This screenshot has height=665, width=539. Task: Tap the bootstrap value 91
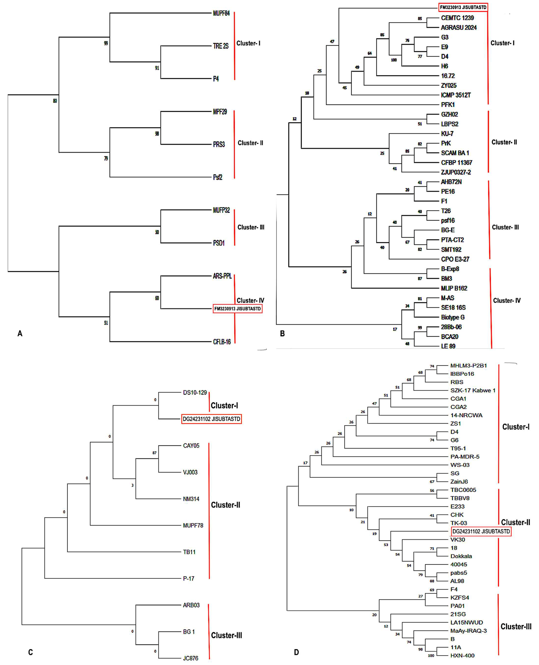[157, 68]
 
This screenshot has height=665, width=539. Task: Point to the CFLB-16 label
[222, 342]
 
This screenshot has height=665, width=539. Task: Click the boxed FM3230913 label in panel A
[238, 309]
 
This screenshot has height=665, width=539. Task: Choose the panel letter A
[20, 333]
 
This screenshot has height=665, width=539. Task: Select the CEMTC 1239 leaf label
[457, 18]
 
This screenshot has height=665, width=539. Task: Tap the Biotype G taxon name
[453, 317]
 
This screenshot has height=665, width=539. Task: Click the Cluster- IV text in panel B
[507, 301]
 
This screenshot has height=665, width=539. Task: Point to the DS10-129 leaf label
[195, 393]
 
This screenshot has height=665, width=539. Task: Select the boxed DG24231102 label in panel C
[211, 419]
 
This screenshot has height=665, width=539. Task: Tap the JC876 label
[190, 658]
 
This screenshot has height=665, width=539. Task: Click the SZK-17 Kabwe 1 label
[473, 390]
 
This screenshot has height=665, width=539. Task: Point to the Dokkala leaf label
[461, 556]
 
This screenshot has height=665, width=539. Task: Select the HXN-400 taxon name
[462, 655]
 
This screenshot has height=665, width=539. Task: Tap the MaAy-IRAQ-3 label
[468, 631]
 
